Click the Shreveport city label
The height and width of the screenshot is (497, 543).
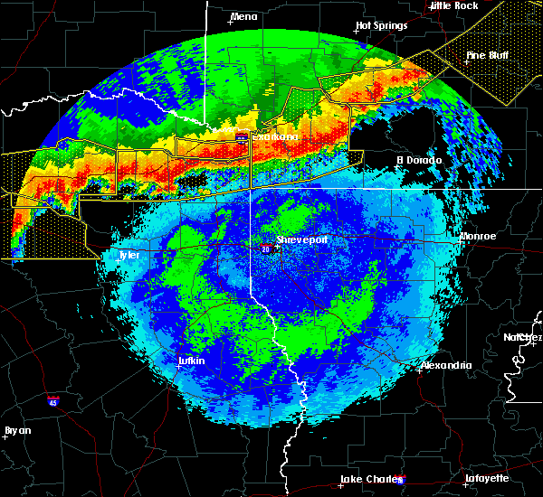click(301, 240)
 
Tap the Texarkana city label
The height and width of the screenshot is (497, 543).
click(274, 137)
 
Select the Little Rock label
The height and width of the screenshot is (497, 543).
click(454, 5)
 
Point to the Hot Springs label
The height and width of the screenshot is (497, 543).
click(377, 25)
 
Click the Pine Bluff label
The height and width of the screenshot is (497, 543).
click(487, 55)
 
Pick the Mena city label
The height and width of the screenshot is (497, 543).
click(243, 16)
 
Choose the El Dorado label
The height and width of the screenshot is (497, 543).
click(419, 160)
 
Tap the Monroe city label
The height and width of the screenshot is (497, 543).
click(478, 236)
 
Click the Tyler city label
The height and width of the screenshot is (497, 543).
click(130, 255)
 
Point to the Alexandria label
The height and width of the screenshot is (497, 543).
click(445, 365)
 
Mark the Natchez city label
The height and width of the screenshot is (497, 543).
click(523, 337)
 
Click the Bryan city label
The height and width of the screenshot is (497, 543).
click(17, 430)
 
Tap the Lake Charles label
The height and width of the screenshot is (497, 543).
click(368, 479)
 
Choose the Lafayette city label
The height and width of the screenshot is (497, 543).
click(487, 478)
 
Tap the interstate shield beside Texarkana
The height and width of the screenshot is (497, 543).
click(242, 138)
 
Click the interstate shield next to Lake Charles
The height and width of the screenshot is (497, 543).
click(401, 480)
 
